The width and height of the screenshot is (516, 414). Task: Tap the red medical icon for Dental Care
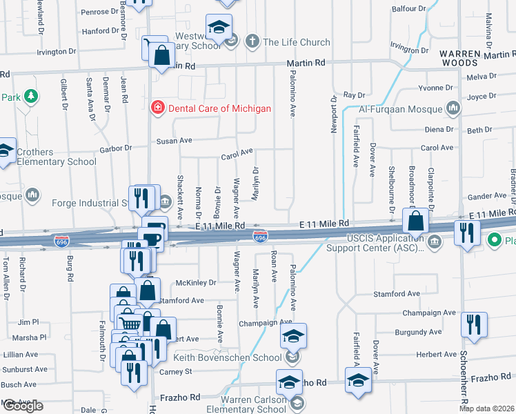pos(157,108)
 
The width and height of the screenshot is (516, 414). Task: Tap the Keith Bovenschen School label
pos(232,357)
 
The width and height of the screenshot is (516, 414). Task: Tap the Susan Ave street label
pos(176,140)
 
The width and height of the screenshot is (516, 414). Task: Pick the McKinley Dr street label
pos(196,282)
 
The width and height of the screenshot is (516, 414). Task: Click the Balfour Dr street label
pos(410,9)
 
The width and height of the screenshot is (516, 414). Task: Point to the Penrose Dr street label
pos(99,12)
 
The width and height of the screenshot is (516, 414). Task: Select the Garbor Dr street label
pos(115,148)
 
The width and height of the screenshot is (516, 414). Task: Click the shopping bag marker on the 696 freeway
pos(416,221)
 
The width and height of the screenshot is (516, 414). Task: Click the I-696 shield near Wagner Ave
pos(260,237)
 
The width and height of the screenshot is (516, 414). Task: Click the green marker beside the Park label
pos(29,96)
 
